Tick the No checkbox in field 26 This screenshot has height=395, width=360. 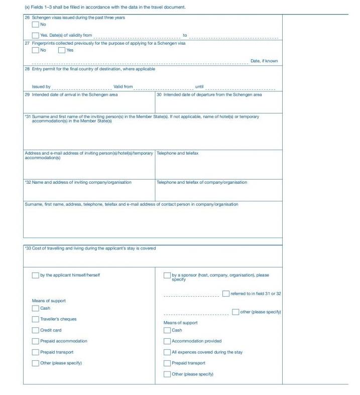pyautogui.click(x=35, y=25)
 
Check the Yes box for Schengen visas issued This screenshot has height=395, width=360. pyautogui.click(x=35, y=35)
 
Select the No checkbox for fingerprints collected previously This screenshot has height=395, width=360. pyautogui.click(x=35, y=50)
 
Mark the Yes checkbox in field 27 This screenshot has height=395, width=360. pyautogui.click(x=62, y=50)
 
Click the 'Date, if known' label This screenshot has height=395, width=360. pyautogui.click(x=264, y=61)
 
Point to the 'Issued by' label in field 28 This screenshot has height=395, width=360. pyautogui.click(x=41, y=87)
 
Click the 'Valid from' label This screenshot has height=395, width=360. pyautogui.click(x=123, y=87)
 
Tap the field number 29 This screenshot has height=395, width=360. pyautogui.click(x=27, y=95)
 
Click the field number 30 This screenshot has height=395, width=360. pyautogui.click(x=159, y=95)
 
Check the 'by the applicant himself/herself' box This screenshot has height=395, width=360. pyautogui.click(x=35, y=275)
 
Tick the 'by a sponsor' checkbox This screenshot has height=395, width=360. pyautogui.click(x=167, y=275)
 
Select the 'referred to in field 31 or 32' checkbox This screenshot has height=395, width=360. pyautogui.click(x=226, y=294)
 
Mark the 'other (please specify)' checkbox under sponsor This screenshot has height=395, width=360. pyautogui.click(x=235, y=312)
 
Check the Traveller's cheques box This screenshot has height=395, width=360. pyautogui.click(x=35, y=319)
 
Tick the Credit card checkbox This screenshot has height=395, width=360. pyautogui.click(x=35, y=330)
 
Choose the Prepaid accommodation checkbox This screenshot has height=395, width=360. pyautogui.click(x=35, y=341)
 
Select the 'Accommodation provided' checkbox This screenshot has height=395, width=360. pyautogui.click(x=167, y=341)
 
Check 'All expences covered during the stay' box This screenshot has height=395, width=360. pyautogui.click(x=167, y=352)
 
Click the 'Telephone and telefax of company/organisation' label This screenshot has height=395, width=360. pyautogui.click(x=202, y=183)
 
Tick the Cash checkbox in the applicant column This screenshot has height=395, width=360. pyautogui.click(x=35, y=308)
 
